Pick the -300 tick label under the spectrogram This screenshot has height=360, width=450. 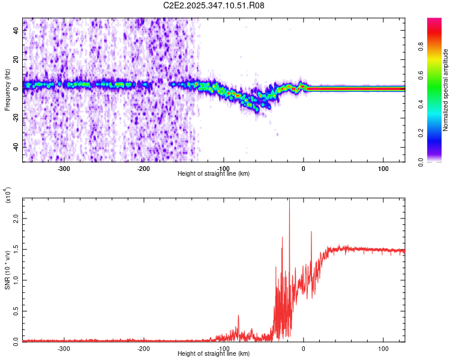[x=64, y=168]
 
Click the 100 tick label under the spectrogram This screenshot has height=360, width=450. [x=383, y=168]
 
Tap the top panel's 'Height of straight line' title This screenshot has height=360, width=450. [x=214, y=173]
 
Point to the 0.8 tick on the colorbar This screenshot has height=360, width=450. [x=439, y=46]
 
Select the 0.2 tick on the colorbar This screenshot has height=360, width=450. [x=439, y=133]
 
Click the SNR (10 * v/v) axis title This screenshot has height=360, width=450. [x=7, y=269]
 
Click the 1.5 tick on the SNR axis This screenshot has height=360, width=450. [x=16, y=250]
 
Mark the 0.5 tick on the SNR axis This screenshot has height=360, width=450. [x=16, y=310]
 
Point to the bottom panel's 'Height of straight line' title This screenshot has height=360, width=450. [x=214, y=354]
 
